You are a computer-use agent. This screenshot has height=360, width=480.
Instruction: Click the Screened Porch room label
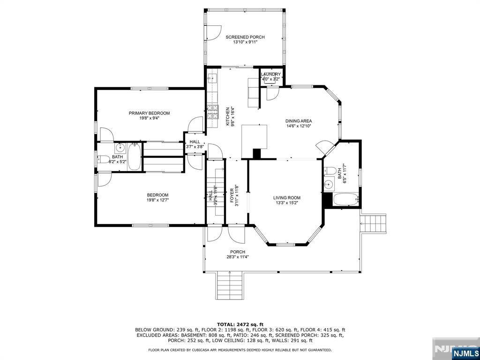(245, 37)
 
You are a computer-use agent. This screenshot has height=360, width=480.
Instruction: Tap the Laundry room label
(271, 74)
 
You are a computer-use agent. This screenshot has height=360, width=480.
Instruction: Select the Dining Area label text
(299, 121)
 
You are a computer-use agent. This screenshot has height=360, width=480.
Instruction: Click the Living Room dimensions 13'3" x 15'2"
(286, 203)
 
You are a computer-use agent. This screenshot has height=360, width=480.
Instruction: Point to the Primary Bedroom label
(149, 113)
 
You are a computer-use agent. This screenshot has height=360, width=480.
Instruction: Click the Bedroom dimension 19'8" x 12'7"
(157, 200)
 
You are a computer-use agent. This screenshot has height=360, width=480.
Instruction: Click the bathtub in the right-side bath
(346, 200)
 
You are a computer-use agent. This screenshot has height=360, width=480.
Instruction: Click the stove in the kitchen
(213, 111)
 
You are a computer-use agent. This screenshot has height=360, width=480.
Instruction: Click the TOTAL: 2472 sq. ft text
(240, 324)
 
